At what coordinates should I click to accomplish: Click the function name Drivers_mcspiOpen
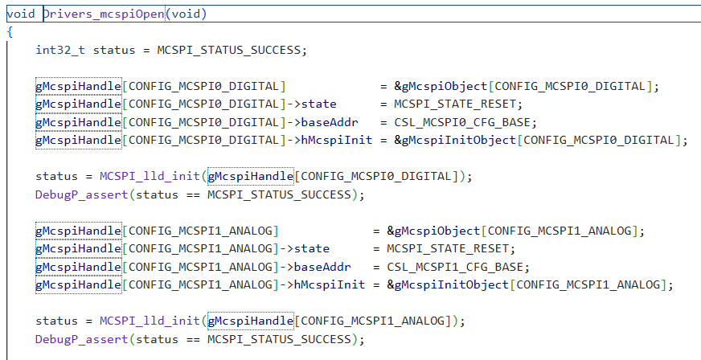(104, 14)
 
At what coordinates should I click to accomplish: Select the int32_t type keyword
(60, 50)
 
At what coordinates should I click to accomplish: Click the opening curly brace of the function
(10, 31)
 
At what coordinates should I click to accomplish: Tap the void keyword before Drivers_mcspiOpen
(21, 14)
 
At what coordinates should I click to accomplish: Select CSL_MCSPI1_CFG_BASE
(455, 267)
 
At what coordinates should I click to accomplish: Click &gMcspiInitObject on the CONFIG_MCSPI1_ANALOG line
(448, 284)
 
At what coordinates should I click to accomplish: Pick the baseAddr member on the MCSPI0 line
(330, 122)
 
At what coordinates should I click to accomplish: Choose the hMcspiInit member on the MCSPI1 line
(330, 284)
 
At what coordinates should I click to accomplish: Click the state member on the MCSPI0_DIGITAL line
(319, 104)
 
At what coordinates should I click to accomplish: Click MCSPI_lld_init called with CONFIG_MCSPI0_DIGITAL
(150, 176)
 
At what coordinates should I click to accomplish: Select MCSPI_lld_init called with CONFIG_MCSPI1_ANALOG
(150, 321)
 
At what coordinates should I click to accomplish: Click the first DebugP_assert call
(82, 194)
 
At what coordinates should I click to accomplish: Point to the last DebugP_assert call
(82, 339)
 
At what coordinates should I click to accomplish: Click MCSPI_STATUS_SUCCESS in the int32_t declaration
(228, 50)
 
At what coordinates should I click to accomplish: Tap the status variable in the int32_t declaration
(114, 50)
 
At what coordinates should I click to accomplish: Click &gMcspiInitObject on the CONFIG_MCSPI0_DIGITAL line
(455, 140)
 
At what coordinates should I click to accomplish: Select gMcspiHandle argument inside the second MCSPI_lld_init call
(250, 321)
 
